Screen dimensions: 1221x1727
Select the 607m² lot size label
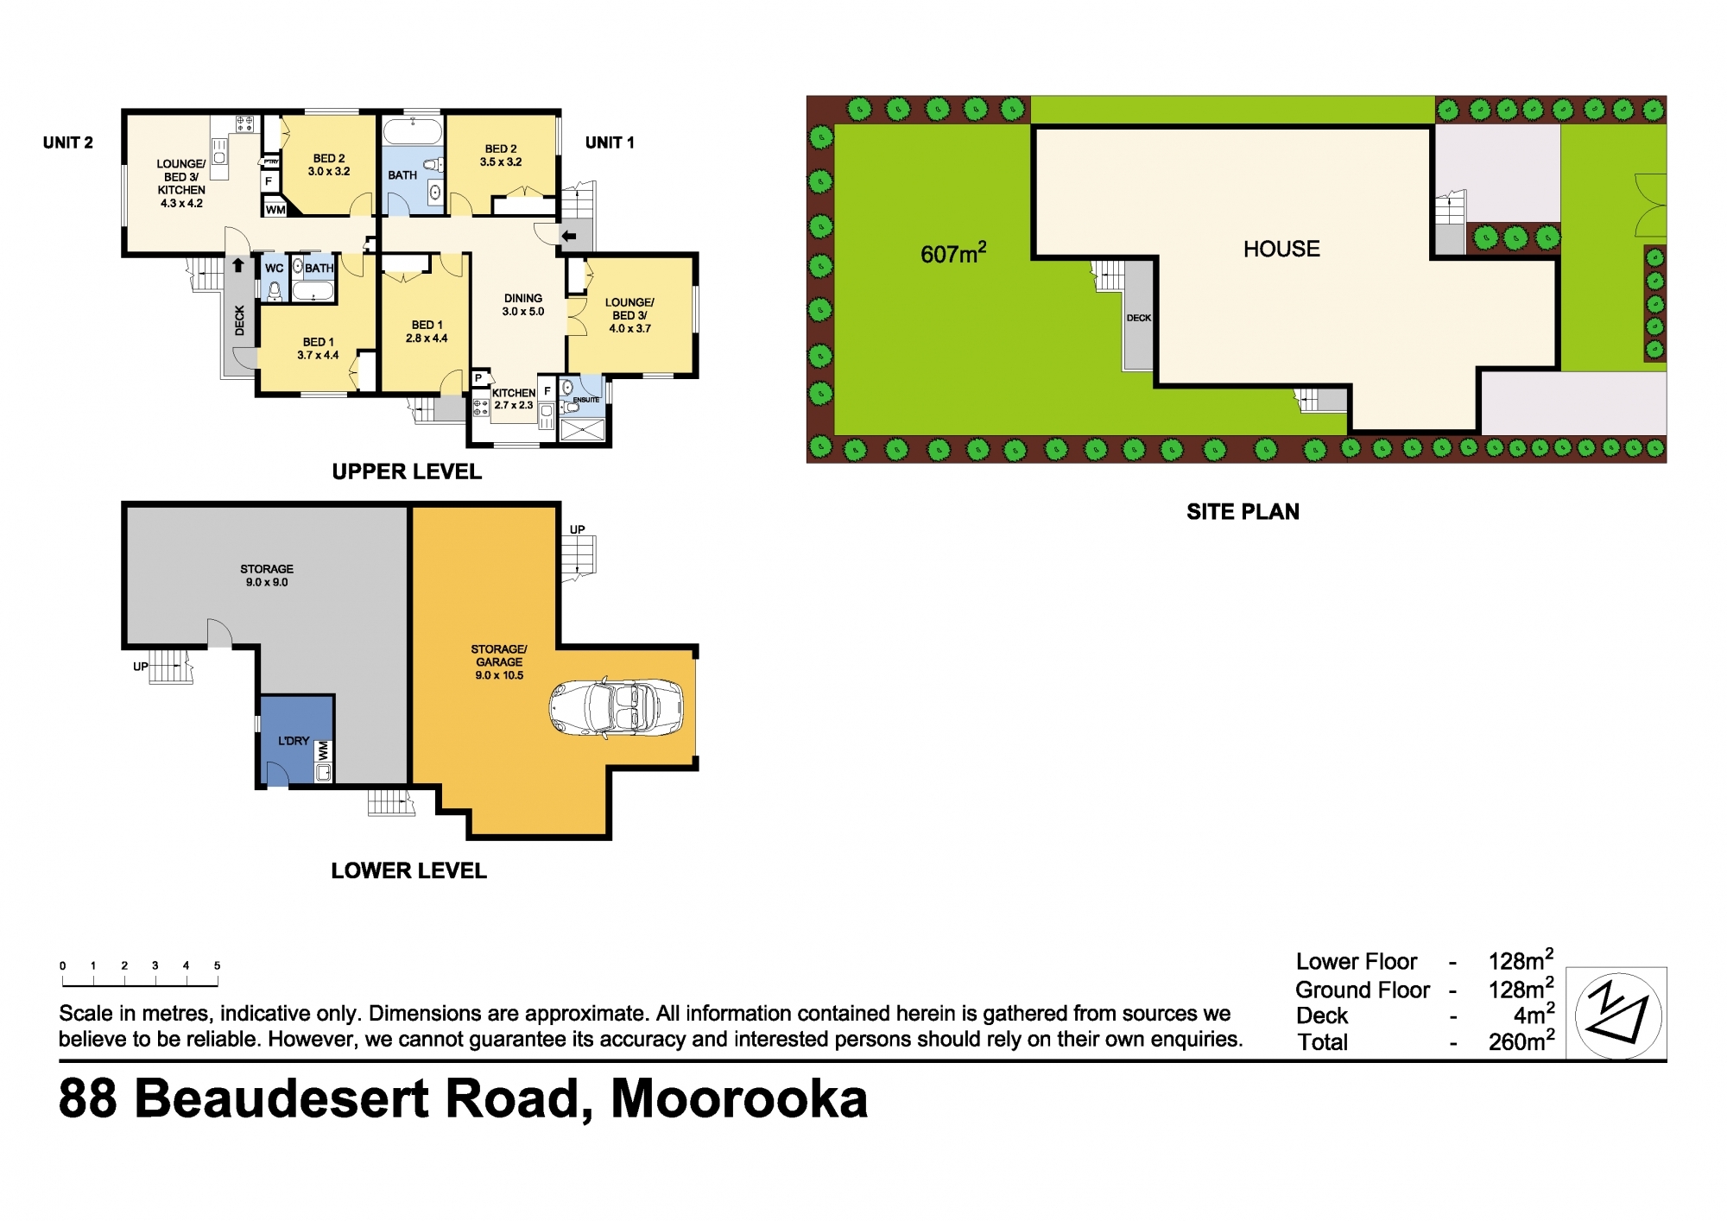[x=952, y=253]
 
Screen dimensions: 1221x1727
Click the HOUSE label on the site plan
[x=1281, y=250]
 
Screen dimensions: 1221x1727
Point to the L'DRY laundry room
[x=294, y=740]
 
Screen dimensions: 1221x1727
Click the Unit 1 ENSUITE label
[x=586, y=400]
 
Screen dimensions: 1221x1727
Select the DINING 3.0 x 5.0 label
[x=523, y=305]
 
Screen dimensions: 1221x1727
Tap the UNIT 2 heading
[x=68, y=143]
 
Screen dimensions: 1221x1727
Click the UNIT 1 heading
[x=610, y=143]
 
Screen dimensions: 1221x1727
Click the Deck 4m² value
[x=1533, y=1015]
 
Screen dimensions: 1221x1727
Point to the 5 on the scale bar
[x=217, y=965]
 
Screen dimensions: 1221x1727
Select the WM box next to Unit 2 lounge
[x=275, y=210]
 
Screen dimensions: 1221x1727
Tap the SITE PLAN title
[x=1243, y=512]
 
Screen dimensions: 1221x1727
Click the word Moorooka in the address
[x=739, y=1099]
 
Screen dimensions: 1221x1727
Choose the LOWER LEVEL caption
[x=408, y=870]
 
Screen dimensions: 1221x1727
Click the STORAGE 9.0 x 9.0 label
[x=267, y=575]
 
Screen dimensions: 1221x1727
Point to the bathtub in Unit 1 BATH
[x=412, y=132]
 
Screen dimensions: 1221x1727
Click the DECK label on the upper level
[x=240, y=320]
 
